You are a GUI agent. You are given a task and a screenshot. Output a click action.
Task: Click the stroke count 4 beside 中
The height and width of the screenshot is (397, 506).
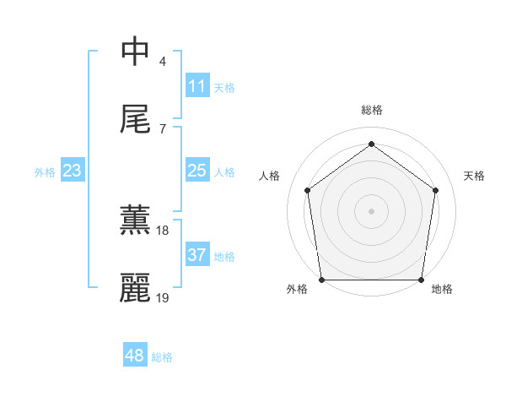click(x=163, y=61)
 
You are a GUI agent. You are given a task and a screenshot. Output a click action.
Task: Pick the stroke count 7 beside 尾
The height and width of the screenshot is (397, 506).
click(x=163, y=128)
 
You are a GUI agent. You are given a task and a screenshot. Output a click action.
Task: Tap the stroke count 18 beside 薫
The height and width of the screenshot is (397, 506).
click(x=163, y=230)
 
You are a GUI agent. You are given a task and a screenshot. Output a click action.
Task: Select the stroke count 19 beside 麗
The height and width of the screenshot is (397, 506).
click(x=163, y=297)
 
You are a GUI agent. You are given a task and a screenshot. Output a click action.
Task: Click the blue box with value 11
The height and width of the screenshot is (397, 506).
click(x=197, y=86)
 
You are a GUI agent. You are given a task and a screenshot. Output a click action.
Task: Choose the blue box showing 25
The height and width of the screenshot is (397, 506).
click(x=197, y=171)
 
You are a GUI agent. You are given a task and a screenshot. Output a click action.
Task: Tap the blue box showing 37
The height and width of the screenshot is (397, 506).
click(x=197, y=255)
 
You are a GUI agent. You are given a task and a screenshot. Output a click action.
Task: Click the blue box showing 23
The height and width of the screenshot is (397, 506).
click(x=73, y=171)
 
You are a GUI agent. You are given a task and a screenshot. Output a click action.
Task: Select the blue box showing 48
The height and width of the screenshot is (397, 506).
click(x=135, y=356)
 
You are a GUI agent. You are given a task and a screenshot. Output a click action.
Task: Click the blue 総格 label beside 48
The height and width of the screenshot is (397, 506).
click(x=162, y=357)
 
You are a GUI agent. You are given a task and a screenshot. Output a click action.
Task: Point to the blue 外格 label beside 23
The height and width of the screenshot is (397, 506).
click(x=45, y=172)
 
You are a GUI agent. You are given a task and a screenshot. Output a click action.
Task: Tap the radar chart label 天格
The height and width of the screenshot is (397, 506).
click(x=475, y=176)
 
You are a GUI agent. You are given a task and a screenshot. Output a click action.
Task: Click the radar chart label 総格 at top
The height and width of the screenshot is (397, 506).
click(x=372, y=111)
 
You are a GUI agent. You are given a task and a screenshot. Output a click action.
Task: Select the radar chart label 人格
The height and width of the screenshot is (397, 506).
click(x=270, y=176)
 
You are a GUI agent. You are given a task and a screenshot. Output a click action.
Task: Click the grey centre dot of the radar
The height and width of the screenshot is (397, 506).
click(x=372, y=210)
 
